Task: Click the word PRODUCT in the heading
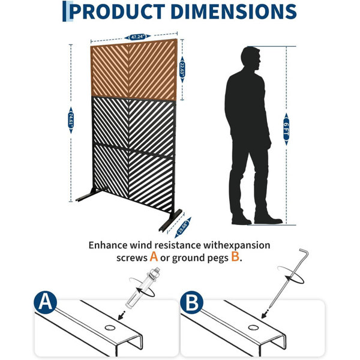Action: (117, 11)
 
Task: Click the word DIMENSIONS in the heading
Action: (233, 11)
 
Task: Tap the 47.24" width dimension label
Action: (137, 37)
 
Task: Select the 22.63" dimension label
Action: (182, 70)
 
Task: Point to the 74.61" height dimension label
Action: (71, 121)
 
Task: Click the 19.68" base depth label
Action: (183, 227)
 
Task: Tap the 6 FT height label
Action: (286, 129)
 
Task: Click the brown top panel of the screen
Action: (134, 70)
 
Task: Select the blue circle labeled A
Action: (45, 302)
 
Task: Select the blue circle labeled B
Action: (191, 302)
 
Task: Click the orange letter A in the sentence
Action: (154, 256)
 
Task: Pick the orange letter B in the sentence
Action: (235, 256)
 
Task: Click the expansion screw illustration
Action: (142, 289)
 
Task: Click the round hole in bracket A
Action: (110, 328)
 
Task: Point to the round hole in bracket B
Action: (253, 328)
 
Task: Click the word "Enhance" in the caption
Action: (108, 245)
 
